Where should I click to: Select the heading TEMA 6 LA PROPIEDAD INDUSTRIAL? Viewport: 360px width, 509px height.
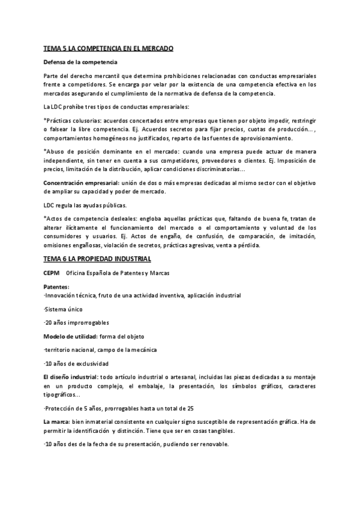coord(97,258)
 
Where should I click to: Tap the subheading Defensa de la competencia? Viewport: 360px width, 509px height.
coord(80,62)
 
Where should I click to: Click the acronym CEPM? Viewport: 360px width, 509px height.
coord(52,273)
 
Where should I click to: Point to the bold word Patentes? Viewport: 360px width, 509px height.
coord(56,288)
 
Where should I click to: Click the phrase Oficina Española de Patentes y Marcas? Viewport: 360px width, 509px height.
coord(118,273)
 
